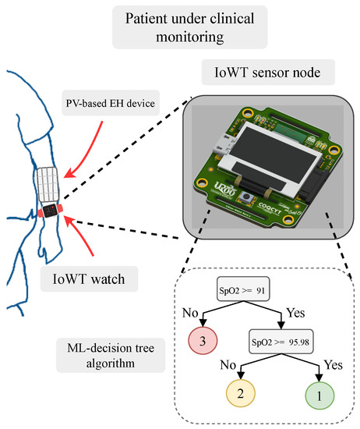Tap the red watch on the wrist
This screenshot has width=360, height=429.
point(50,211)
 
